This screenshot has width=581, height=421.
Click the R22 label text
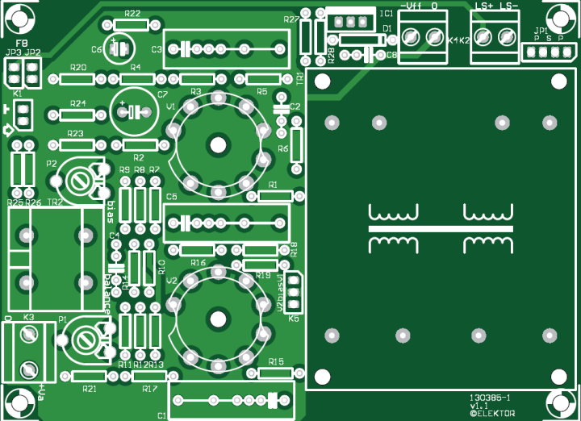pyautogui.click(x=133, y=14)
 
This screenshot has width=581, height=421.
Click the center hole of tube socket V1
pyautogui.click(x=219, y=144)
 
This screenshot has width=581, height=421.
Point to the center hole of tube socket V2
pyautogui.click(x=219, y=318)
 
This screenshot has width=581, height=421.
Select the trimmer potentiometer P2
pyautogui.click(x=82, y=179)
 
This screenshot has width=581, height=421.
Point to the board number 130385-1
pyautogui.click(x=490, y=398)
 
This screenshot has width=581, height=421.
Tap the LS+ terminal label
pyautogui.click(x=483, y=6)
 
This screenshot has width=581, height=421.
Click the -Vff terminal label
pyautogui.click(x=412, y=6)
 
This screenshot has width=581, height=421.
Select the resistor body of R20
pyautogui.click(x=78, y=79)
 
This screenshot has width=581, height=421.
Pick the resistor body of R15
pyautogui.click(x=277, y=372)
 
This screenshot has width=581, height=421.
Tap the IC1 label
pyautogui.click(x=387, y=14)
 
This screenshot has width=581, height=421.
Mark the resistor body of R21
pyautogui.click(x=89, y=377)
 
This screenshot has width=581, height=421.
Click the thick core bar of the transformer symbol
pyautogui.click(x=441, y=229)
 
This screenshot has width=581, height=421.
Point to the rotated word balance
pyautogui.click(x=109, y=292)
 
